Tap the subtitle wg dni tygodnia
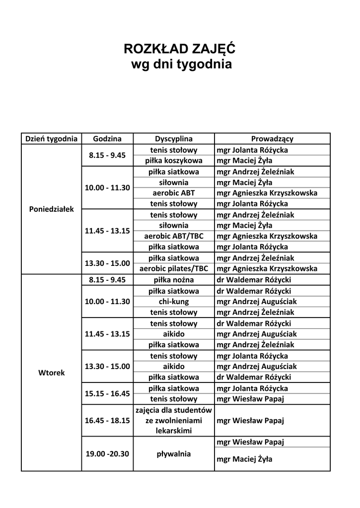tap(181, 64)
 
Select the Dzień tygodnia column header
tap(51, 139)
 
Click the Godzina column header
tap(107, 139)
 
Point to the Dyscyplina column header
tap(174, 139)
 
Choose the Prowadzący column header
tap(272, 139)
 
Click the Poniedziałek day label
tap(52, 209)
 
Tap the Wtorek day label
tap(52, 372)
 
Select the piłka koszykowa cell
tap(174, 161)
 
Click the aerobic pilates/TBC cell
tap(174, 268)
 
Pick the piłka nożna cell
tap(174, 280)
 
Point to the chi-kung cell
tap(174, 302)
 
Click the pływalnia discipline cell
tap(174, 453)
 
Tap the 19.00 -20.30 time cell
tap(107, 453)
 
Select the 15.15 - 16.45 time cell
tap(107, 393)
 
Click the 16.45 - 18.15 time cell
tap(107, 421)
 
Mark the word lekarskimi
tap(174, 431)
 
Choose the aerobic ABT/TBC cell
tap(174, 236)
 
